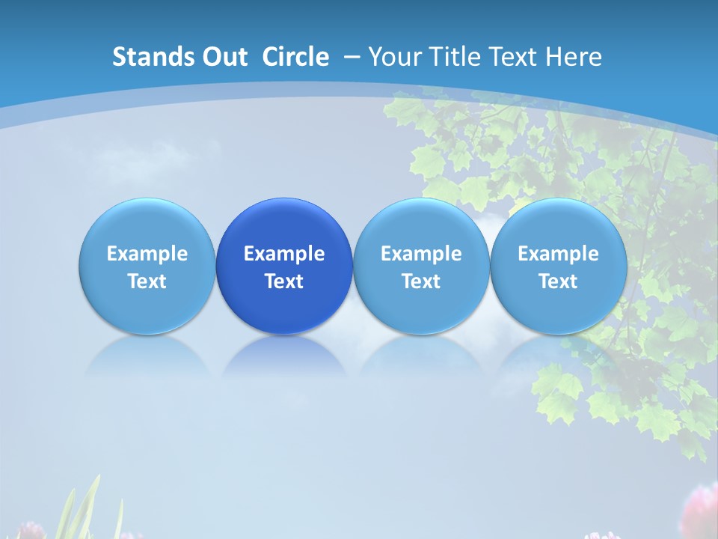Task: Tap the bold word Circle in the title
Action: [295, 57]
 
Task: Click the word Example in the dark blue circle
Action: [284, 254]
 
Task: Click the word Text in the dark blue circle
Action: [284, 281]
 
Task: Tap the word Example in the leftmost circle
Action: [147, 254]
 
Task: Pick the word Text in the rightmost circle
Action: [559, 281]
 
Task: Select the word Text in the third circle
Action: [421, 281]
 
